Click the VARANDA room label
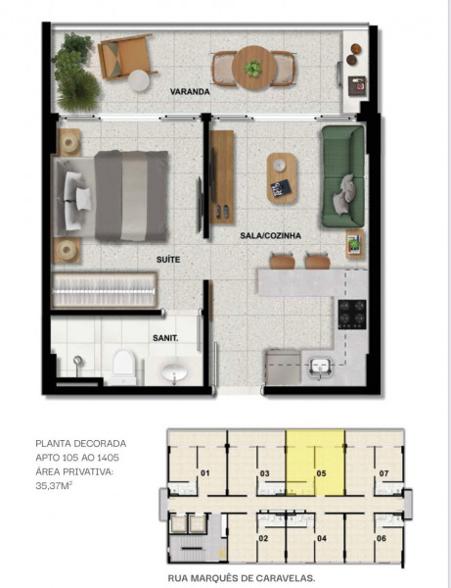pos(190,91)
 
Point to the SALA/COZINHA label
pos(270,235)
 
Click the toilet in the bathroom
pos(123,366)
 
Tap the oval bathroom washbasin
pos(176,372)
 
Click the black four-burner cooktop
pos(351,314)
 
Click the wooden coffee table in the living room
pos(282,177)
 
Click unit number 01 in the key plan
pos(205,473)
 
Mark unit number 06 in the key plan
pos(381,538)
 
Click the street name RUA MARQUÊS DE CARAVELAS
pos(242,578)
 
